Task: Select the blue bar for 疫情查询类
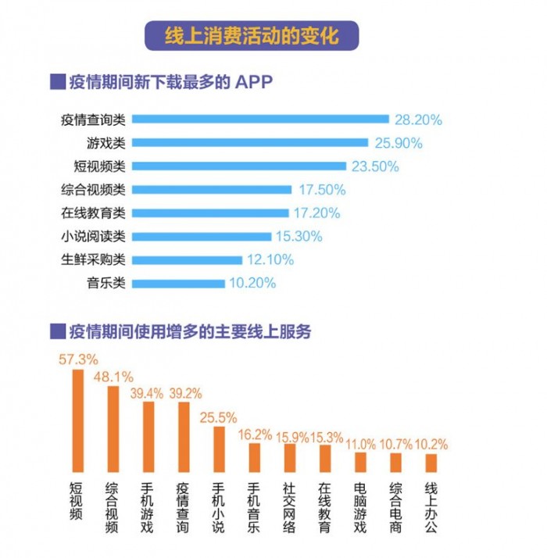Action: click(x=260, y=120)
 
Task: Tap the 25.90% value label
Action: click(x=398, y=143)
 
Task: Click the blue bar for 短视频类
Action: click(x=238, y=166)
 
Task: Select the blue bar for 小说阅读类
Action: click(x=202, y=236)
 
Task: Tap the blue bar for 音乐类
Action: click(x=178, y=283)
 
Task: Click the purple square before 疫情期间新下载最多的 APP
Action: click(x=55, y=82)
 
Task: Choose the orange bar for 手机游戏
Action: click(x=148, y=437)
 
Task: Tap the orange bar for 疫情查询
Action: click(x=184, y=437)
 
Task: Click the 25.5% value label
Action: click(x=220, y=417)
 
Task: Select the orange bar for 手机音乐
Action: click(x=255, y=457)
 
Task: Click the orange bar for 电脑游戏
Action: click(x=360, y=462)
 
